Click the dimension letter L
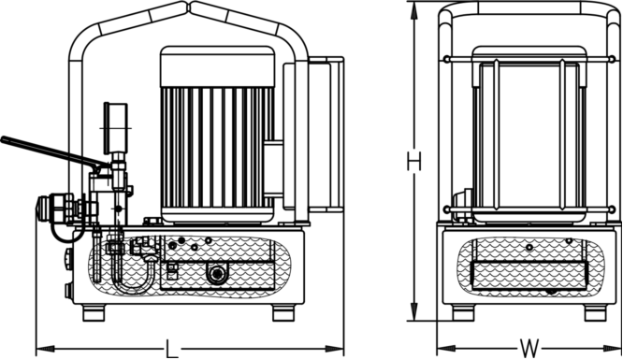point(171,351)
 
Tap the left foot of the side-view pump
point(94,312)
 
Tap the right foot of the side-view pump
point(284,312)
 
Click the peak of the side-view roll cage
point(191,8)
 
